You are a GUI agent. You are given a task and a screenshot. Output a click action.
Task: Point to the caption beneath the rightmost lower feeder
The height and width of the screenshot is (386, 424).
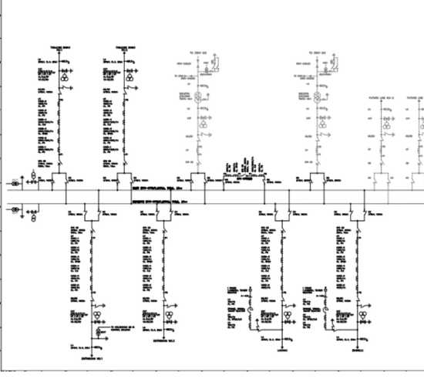coord(357,348)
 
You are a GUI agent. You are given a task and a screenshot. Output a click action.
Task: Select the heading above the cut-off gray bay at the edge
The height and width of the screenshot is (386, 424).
coord(416,98)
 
